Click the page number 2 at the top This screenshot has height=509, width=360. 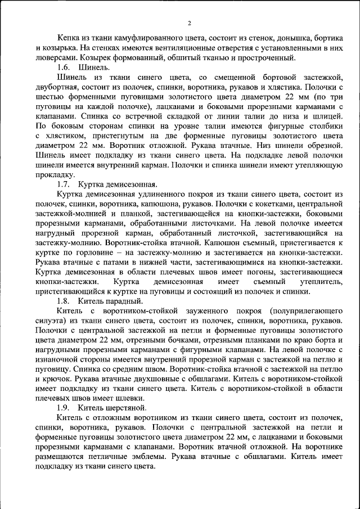coord(189,22)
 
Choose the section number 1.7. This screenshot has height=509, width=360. coord(64,184)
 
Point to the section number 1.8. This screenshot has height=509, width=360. coord(64,300)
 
